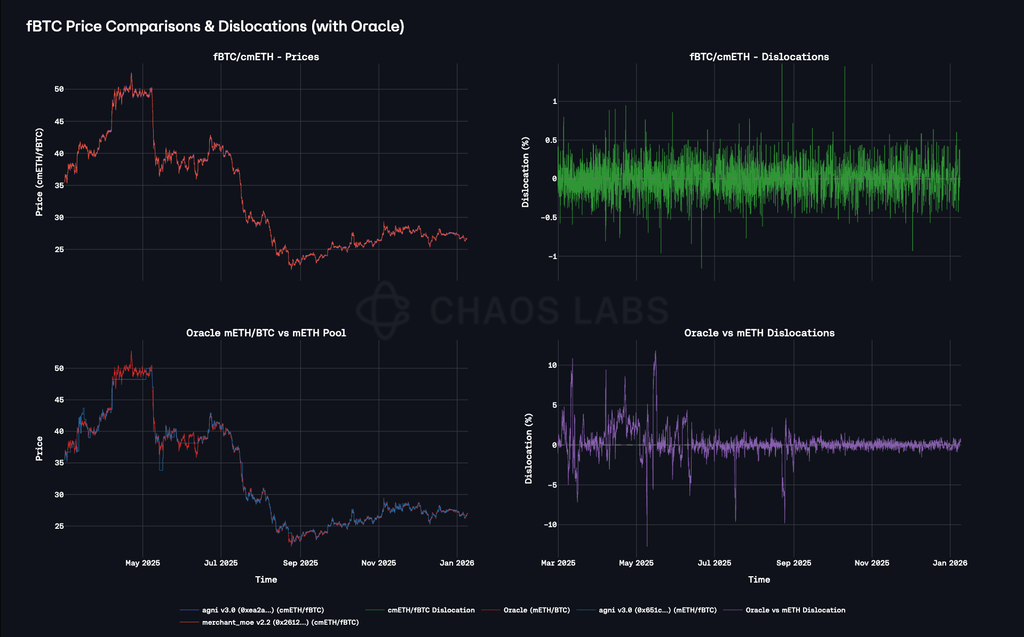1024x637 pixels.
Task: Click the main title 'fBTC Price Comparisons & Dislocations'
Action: (x=215, y=26)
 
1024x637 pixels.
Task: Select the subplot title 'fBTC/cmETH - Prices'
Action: (x=266, y=57)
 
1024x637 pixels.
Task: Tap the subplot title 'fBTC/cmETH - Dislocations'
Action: (x=759, y=57)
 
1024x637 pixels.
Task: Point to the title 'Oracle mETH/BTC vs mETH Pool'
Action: (x=266, y=333)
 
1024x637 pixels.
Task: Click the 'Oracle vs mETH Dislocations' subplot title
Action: (x=759, y=333)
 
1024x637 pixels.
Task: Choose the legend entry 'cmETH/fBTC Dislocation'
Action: (x=431, y=610)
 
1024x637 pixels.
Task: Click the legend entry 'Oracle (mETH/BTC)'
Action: (x=536, y=610)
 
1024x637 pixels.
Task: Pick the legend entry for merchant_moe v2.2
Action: (x=280, y=623)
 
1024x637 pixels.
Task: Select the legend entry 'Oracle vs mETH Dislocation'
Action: (x=795, y=610)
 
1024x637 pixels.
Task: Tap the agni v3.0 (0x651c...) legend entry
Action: (x=657, y=610)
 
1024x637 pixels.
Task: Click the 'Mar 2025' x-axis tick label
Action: (x=558, y=563)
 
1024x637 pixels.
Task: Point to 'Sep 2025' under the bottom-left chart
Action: (x=300, y=563)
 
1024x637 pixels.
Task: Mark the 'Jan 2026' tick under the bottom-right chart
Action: (x=950, y=563)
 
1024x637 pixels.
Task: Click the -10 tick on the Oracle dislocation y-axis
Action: (x=550, y=525)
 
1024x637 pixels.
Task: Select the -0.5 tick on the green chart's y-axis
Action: (x=549, y=217)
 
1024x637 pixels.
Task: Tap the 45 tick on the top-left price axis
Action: (x=59, y=122)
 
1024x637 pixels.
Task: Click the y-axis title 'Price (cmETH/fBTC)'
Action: (x=39, y=172)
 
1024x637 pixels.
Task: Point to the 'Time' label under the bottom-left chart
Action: (x=266, y=580)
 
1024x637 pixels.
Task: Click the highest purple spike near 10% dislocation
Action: (x=655, y=352)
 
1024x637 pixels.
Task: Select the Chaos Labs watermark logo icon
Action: (x=383, y=310)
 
